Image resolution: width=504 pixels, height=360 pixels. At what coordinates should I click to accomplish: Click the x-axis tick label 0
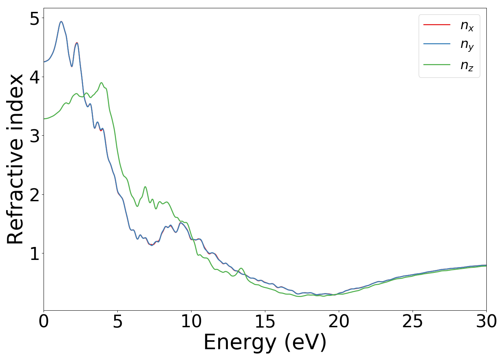[x=44, y=321]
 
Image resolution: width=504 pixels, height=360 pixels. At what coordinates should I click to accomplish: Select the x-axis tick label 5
[x=117, y=321]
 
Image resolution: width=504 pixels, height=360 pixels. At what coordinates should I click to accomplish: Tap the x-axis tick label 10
[x=191, y=321]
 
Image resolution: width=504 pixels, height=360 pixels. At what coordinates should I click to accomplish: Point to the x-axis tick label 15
[x=265, y=321]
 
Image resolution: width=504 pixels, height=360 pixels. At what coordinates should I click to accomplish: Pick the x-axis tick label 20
[x=339, y=321]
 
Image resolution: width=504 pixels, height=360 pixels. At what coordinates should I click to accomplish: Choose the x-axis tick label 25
[x=413, y=321]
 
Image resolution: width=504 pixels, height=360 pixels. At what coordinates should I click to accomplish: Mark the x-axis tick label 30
[x=486, y=321]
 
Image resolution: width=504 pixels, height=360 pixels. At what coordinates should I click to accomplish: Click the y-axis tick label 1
[x=34, y=253]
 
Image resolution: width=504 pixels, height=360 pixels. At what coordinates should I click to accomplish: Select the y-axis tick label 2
[x=34, y=195]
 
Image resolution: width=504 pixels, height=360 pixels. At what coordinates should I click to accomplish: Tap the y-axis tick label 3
[x=34, y=136]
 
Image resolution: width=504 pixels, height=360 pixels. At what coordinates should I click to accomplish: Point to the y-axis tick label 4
[x=34, y=77]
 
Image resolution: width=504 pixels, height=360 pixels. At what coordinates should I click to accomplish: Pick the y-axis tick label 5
[x=34, y=18]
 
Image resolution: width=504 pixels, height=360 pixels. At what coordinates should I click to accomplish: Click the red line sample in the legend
[x=437, y=24]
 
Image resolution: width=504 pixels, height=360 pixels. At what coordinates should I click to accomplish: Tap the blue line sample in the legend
[x=437, y=44]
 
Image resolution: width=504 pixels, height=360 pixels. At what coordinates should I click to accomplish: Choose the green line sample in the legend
[x=437, y=65]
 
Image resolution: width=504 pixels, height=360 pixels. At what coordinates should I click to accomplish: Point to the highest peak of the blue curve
[x=61, y=22]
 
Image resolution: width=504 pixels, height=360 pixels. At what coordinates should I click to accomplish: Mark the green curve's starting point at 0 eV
[x=44, y=119]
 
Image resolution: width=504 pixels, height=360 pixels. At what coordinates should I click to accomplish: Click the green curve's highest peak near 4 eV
[x=102, y=83]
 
